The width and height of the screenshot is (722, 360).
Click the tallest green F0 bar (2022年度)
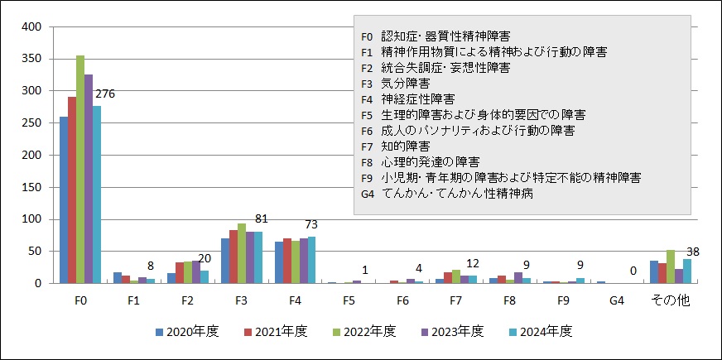click(x=80, y=170)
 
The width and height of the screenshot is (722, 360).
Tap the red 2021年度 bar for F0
click(x=72, y=190)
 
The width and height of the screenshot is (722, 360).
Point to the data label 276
click(x=105, y=94)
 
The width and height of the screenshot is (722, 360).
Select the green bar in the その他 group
click(x=670, y=266)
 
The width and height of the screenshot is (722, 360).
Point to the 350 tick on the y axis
click(x=31, y=59)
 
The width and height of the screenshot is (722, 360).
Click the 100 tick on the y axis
click(x=31, y=219)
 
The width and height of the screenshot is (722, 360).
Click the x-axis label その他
click(x=671, y=300)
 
